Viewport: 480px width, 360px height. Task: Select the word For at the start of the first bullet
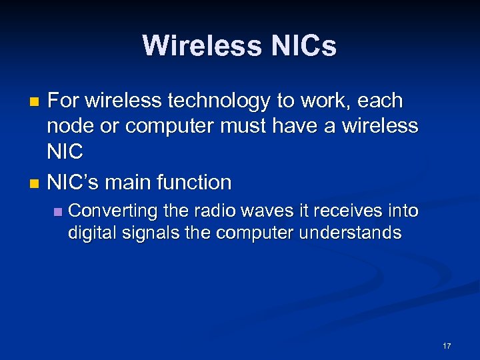point(62,101)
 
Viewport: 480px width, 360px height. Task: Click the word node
point(69,126)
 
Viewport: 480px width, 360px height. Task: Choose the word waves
point(265,211)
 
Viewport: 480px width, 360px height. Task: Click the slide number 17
point(446,346)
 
